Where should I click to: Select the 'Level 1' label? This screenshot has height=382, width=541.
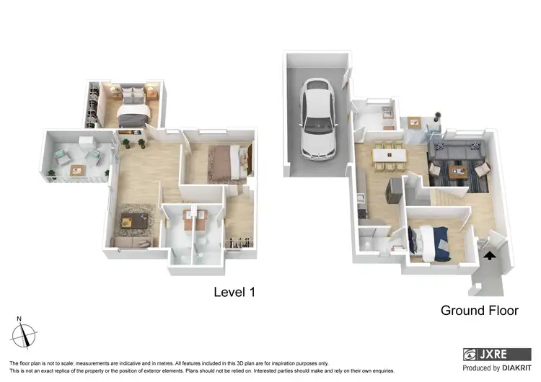click(x=235, y=292)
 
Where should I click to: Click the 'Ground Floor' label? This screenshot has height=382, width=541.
click(x=480, y=311)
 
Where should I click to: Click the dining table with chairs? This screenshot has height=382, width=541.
click(x=390, y=153)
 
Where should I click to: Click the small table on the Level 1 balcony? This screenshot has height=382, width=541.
click(x=76, y=169)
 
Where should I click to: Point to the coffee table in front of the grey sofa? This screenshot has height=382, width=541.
click(x=456, y=172)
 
